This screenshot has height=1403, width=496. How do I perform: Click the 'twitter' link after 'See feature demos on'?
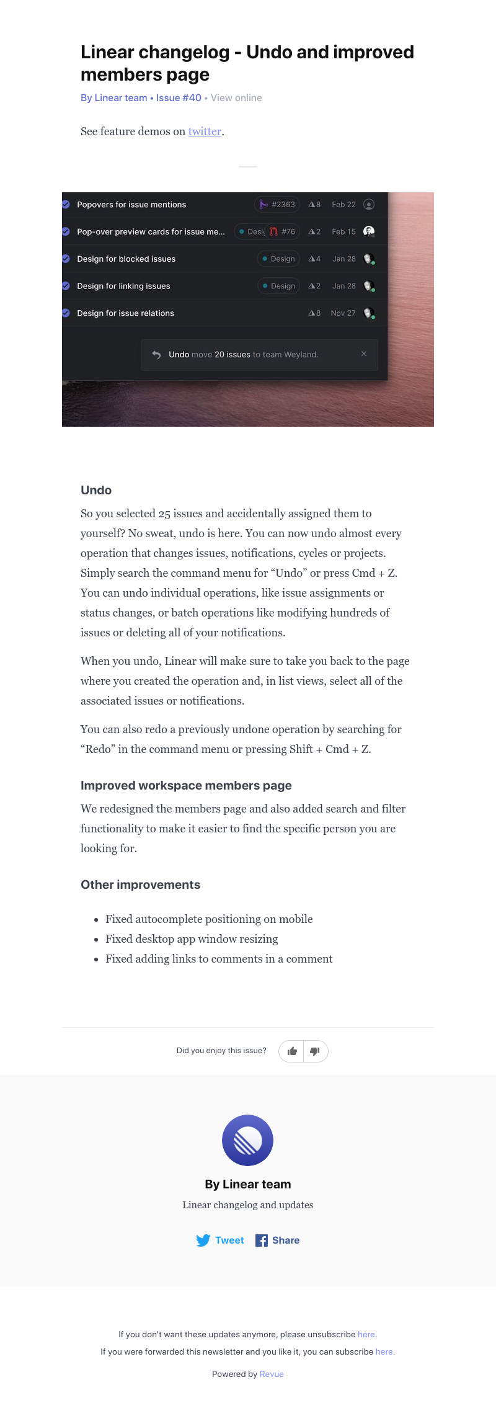205,131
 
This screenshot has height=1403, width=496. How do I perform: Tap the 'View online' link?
236,98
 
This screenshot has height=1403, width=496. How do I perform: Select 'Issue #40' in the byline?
179,98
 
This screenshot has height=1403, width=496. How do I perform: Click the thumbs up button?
292,1051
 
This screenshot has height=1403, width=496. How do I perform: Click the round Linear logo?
248,1140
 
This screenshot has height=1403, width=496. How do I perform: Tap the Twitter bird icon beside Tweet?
203,1240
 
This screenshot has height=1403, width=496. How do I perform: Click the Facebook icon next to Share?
262,1240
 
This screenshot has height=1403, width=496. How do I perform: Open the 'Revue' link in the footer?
272,1374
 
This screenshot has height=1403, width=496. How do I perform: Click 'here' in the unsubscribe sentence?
366,1334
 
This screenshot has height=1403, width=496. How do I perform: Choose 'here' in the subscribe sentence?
384,1352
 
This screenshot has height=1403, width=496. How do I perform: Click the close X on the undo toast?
364,354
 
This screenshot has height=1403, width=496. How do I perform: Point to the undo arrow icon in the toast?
156,355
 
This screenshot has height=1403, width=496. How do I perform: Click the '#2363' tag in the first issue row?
277,205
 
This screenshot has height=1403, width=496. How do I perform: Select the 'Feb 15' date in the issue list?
343,232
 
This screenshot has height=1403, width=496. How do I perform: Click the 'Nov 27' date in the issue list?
343,313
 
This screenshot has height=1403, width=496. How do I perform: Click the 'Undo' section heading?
96,490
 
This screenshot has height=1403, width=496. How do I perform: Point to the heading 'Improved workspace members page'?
186,785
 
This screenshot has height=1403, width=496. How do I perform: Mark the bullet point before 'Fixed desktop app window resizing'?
96,940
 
